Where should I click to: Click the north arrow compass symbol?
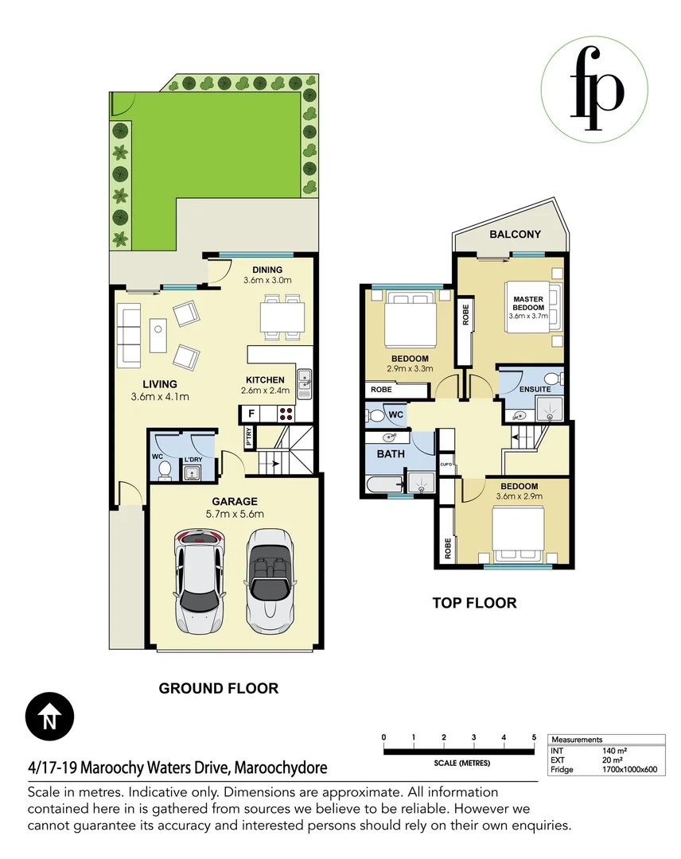click(49, 718)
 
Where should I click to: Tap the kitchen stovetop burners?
click(286, 414)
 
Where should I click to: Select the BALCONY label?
click(515, 235)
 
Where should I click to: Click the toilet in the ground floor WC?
click(165, 472)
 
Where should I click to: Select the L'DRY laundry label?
click(193, 460)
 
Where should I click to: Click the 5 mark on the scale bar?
click(534, 738)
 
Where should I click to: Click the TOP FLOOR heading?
click(474, 603)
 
